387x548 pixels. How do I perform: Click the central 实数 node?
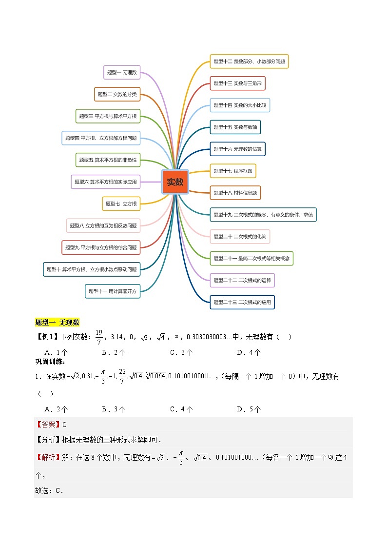pos(175,182)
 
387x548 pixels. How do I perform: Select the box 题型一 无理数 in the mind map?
pos(122,72)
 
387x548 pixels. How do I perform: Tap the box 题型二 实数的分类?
pos(117,94)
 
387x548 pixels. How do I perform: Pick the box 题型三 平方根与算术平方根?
pos(108,116)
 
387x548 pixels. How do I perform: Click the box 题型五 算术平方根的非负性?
pos(108,160)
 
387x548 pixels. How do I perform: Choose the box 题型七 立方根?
pos(121,203)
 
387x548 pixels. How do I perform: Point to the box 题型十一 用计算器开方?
pos(113,291)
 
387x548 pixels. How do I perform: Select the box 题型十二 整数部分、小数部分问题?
pos(249,61)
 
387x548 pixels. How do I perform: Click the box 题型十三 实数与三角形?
pos(237,83)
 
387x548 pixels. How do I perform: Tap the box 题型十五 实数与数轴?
pos(235,127)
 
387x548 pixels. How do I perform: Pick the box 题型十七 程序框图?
pos(232,171)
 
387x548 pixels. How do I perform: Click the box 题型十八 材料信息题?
pos(235,193)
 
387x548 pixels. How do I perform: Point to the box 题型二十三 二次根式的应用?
pos(242,302)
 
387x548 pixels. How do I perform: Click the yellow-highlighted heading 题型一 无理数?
pos(58,322)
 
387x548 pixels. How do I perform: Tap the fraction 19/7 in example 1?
pos(98,337)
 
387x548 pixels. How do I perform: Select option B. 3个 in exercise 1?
pos(114,409)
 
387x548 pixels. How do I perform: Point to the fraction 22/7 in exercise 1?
pos(129,376)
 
